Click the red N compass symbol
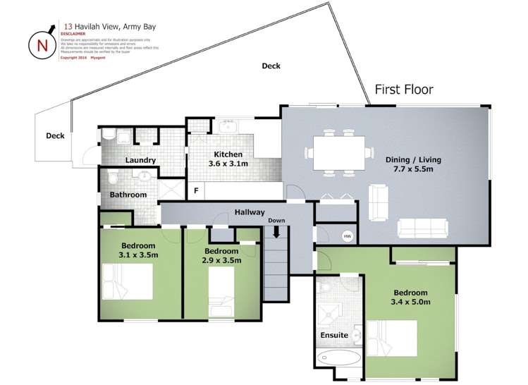pyautogui.click(x=42, y=44)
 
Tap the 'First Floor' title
pyautogui.click(x=403, y=90)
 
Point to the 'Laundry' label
pyautogui.click(x=140, y=160)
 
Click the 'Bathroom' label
pyautogui.click(x=128, y=195)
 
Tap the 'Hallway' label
pyautogui.click(x=250, y=212)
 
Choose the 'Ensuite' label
pyautogui.click(x=334, y=335)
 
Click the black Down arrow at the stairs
pyautogui.click(x=277, y=231)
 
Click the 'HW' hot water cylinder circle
pyautogui.click(x=347, y=236)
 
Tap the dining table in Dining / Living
pyautogui.click(x=338, y=152)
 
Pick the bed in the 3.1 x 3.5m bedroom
pyautogui.click(x=128, y=281)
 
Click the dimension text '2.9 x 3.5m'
pyautogui.click(x=223, y=260)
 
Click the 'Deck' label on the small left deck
pyautogui.click(x=55, y=136)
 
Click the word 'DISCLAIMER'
pyautogui.click(x=73, y=33)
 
